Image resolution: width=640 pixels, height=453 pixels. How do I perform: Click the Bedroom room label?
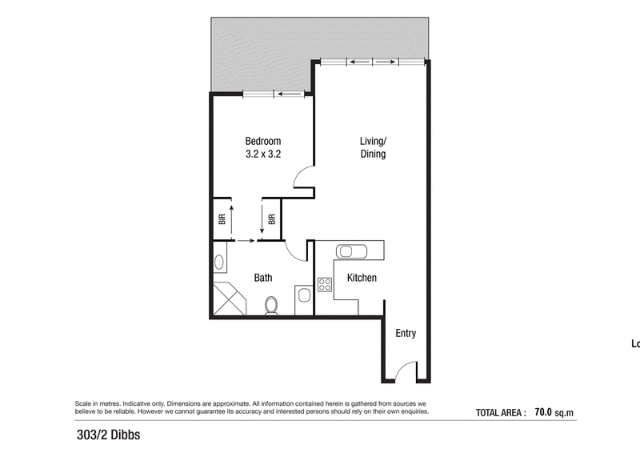coord(263,141)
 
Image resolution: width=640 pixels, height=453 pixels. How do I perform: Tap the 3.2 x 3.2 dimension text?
coord(263,154)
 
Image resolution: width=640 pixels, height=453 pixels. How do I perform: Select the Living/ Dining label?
coord(373,147)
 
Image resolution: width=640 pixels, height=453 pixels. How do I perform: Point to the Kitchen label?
coord(362,278)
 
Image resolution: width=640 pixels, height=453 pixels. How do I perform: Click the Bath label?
coord(263,278)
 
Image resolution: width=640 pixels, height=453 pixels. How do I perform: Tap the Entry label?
coord(406,333)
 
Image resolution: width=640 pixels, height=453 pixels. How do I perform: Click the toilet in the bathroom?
coord(271,306)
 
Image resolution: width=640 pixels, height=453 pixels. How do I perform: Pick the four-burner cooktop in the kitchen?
coord(325,284)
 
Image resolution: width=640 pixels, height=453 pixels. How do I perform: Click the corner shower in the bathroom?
coord(230,299)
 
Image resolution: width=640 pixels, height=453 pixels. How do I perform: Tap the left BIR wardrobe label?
coord(222,219)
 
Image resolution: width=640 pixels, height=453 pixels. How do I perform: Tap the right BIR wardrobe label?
coord(272,219)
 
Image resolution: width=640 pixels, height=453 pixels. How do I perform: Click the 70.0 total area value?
coord(543,411)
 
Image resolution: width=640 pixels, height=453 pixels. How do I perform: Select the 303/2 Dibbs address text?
coord(109,435)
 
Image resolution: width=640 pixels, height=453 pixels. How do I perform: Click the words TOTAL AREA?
coord(498,413)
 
